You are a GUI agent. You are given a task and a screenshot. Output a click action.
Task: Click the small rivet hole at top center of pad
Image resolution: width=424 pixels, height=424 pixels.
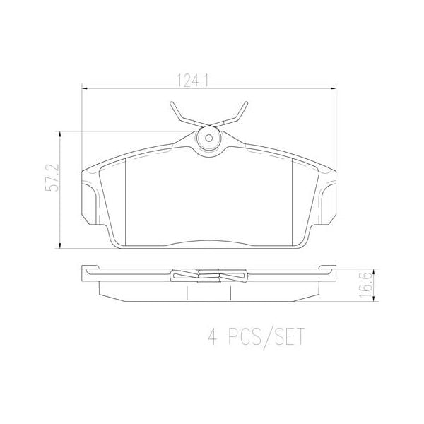[x=208, y=140]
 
